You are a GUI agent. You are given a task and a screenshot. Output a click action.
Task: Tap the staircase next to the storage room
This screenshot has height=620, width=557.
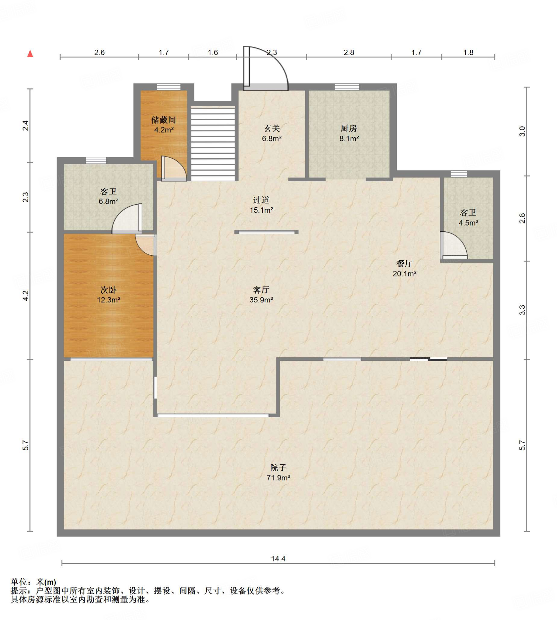click(x=213, y=143)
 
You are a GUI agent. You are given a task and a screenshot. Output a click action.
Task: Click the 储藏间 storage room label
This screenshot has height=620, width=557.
click(x=163, y=120)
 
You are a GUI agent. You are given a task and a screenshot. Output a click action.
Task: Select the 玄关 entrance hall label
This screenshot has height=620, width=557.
click(x=272, y=128)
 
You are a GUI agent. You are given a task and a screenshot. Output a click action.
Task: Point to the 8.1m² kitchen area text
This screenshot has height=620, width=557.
click(x=349, y=138)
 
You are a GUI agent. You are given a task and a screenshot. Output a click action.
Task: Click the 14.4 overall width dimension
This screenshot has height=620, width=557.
click(x=278, y=559)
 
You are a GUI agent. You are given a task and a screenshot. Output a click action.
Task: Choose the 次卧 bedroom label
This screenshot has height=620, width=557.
click(x=108, y=289)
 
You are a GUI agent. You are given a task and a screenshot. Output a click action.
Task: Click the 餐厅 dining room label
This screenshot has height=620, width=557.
click(x=404, y=263)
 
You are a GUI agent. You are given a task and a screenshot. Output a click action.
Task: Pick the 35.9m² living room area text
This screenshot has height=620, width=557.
click(x=261, y=300)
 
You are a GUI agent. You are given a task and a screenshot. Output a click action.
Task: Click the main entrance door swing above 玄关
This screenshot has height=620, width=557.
click(x=266, y=68)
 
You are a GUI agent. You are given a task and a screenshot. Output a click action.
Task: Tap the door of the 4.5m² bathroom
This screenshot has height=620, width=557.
click(x=454, y=246)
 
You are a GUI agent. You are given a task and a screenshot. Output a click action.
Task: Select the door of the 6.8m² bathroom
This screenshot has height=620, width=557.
click(x=127, y=219)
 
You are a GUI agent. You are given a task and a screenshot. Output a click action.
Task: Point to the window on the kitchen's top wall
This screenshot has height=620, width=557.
click(x=347, y=87)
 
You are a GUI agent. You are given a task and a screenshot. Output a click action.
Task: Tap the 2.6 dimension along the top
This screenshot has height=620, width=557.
click(x=99, y=53)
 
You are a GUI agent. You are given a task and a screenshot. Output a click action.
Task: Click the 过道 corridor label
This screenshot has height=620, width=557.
click(x=261, y=200)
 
